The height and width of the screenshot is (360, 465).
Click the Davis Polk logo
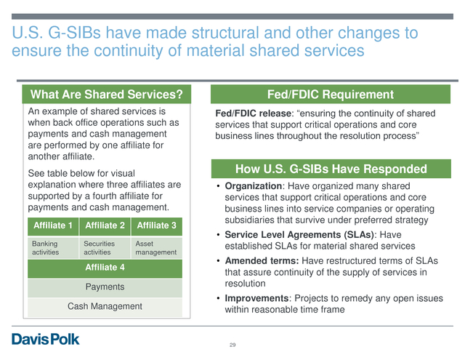(x=45, y=339)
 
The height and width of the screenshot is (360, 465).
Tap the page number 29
(x=232, y=345)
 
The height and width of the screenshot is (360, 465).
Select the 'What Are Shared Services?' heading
(x=107, y=95)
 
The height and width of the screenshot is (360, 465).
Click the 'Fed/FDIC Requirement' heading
(x=331, y=95)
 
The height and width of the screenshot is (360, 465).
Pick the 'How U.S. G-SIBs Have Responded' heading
(x=331, y=169)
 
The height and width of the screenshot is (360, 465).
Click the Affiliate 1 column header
(x=53, y=225)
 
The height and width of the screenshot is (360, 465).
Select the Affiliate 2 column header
(x=105, y=225)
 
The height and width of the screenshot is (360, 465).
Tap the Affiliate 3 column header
(x=157, y=225)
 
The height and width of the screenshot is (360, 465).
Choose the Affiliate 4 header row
(x=105, y=268)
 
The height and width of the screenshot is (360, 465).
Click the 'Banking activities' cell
(x=53, y=248)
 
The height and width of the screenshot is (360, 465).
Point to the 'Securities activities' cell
(x=105, y=248)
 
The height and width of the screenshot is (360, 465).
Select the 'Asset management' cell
(x=157, y=248)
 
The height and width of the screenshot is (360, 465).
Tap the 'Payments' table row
(x=105, y=287)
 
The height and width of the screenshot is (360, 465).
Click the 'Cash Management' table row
(x=105, y=307)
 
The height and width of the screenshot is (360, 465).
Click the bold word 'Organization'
(x=254, y=186)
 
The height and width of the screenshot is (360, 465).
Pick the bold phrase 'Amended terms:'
(x=262, y=260)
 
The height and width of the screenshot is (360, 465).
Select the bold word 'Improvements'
(x=256, y=298)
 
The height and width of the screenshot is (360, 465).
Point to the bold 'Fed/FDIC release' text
(x=254, y=113)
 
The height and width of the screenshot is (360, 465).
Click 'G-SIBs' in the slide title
(x=74, y=33)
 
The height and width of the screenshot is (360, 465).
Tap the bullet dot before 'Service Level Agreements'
(x=218, y=235)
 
